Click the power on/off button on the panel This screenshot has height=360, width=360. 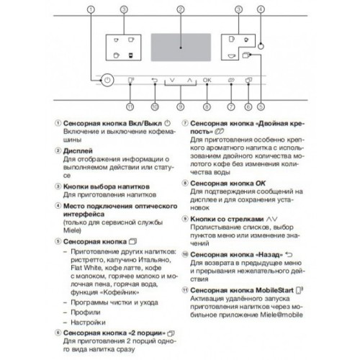tap(107, 82)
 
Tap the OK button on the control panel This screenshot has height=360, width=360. tap(208, 81)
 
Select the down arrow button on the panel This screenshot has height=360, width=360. tap(172, 81)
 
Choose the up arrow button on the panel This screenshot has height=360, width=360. tap(188, 81)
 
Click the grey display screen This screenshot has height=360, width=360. tap(180, 45)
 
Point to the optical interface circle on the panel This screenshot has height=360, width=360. tap(261, 45)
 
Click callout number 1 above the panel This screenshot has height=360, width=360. tap(91, 9)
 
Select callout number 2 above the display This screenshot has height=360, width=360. tap(180, 9)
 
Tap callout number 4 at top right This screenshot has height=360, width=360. tap(261, 9)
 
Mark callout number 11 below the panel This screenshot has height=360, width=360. tap(130, 107)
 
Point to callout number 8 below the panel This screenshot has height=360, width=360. tap(207, 107)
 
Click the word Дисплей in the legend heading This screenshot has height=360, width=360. tap(76, 152)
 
